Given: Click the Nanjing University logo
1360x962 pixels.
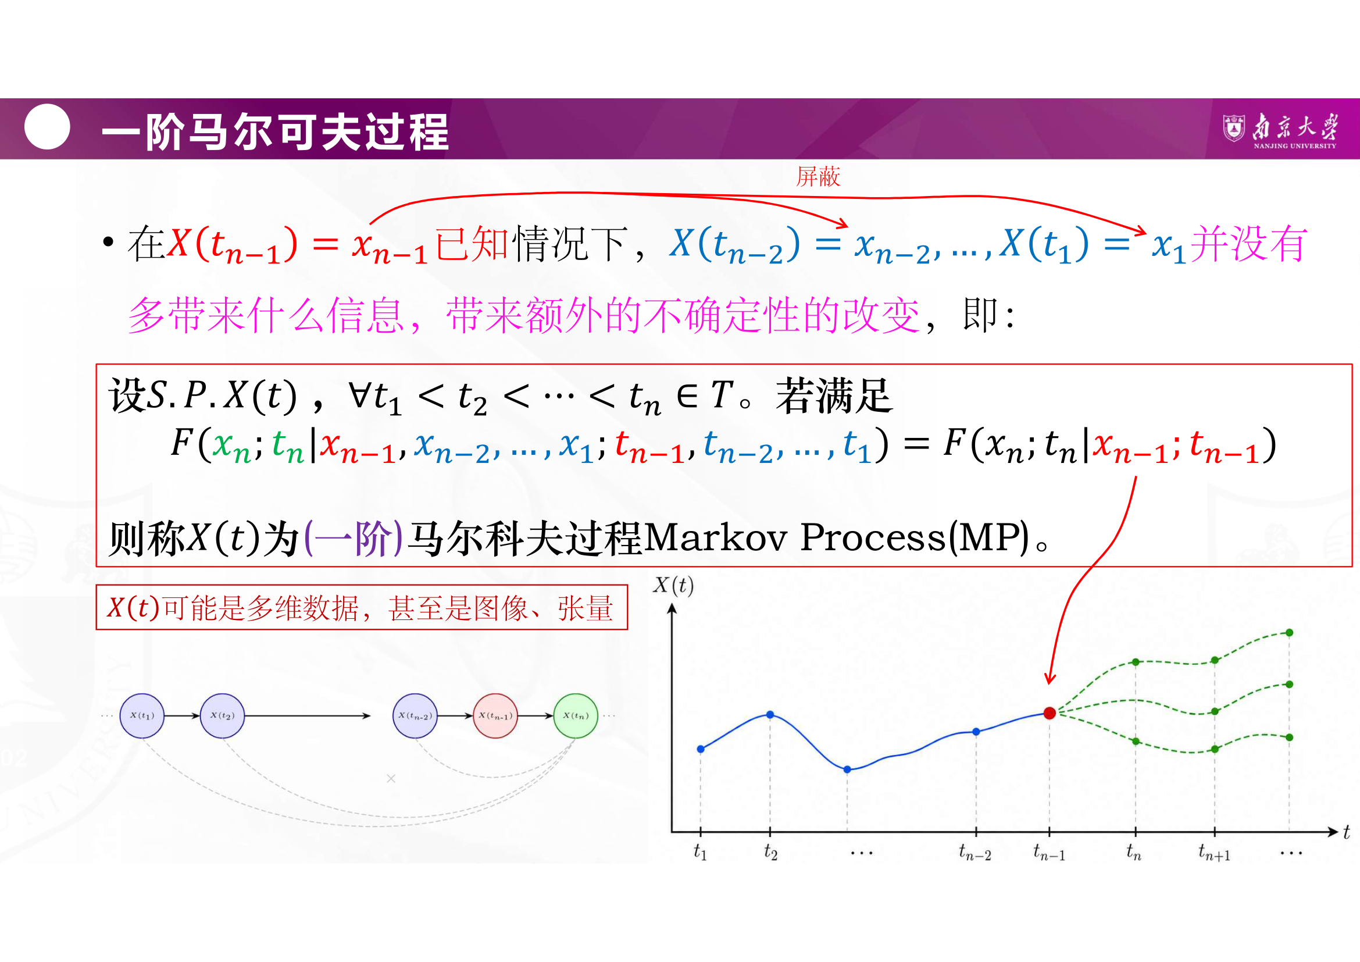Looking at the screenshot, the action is coord(1280,130).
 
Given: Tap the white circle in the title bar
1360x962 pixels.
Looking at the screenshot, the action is coord(47,126).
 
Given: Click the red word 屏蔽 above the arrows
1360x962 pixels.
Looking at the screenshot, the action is coord(818,177).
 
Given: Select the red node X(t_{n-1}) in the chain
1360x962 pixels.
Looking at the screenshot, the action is coord(495,715).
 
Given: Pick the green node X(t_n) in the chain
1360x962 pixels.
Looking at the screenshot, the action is coord(575,715).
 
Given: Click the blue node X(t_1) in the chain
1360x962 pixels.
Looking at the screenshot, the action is coord(141,715).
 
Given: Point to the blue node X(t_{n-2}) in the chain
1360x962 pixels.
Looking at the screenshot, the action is coord(415,715).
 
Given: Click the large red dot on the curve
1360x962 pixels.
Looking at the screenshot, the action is coord(1049,712).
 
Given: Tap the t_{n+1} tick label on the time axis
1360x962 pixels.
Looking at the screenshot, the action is coord(1214,853).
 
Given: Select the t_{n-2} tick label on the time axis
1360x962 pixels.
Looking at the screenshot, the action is coord(975,853).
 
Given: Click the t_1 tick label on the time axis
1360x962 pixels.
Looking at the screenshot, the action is coord(700,852).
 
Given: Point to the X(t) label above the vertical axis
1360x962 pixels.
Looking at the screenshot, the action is coord(673,585).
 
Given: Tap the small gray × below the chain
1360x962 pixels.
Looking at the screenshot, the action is coord(391,778).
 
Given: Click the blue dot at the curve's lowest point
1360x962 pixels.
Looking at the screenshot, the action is coord(847,769).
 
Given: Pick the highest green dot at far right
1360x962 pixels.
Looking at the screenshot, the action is coord(1289,633).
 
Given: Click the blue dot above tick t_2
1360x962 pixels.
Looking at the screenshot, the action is coord(770,714).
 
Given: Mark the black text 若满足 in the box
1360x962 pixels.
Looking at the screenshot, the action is coord(834,395).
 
